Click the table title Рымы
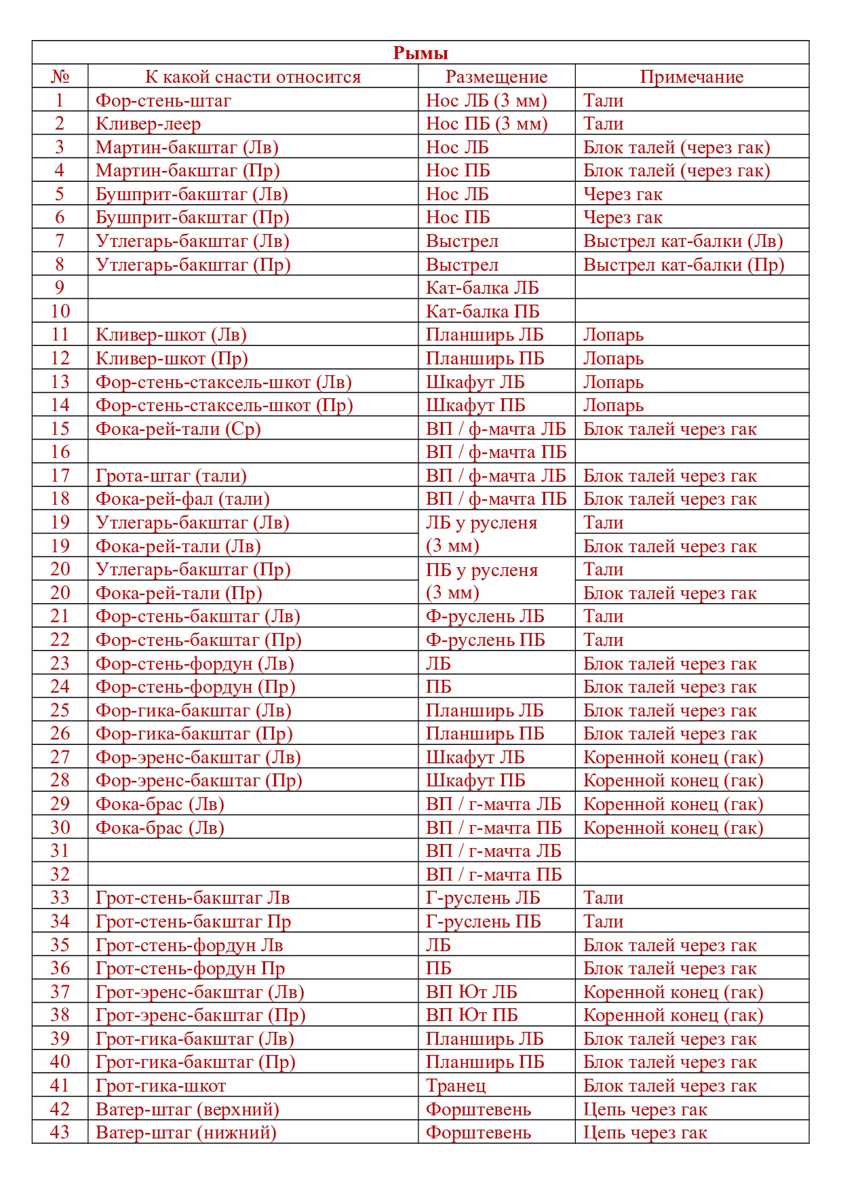coord(420,53)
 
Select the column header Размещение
coord(496,77)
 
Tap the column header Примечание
coord(692,77)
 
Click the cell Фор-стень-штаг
coord(163,100)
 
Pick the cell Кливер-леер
coord(149,123)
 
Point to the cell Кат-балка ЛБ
coord(482,288)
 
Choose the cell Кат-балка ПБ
coord(483,311)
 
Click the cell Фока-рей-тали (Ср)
coord(178,429)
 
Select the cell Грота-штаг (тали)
coord(171,476)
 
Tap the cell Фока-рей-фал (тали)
coord(182,499)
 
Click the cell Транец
coord(456,1086)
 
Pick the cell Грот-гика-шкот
coord(161,1086)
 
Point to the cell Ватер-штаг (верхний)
coord(188,1109)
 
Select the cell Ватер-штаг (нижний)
coord(187,1132)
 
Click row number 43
coord(60,1132)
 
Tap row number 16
coord(60,452)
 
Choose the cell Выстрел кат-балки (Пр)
coord(684,265)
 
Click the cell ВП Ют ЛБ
coord(471,992)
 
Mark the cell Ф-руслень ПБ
coord(486,640)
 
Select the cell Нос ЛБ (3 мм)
coord(486,100)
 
